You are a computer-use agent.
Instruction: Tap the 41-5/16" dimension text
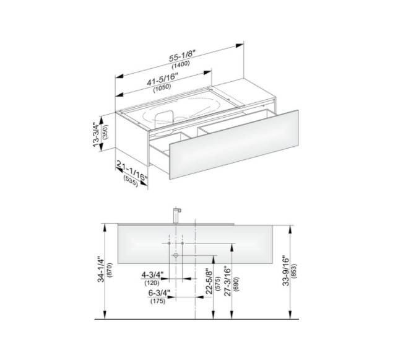coord(162,79)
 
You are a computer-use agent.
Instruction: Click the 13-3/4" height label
coord(96,134)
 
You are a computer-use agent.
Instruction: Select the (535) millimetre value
coord(131,181)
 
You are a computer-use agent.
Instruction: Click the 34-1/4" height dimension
coord(101,270)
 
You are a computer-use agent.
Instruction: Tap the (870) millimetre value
coord(109,270)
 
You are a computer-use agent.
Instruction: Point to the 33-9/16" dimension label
coord(285,270)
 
